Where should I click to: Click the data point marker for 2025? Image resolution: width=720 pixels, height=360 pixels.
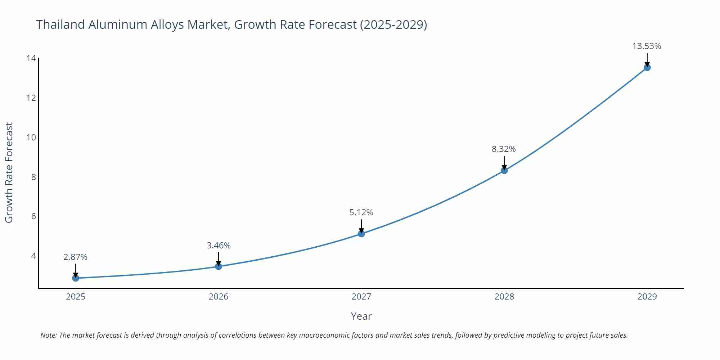76,278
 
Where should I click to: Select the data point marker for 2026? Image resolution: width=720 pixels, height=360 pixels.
219,266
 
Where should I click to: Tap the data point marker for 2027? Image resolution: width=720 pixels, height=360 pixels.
361,234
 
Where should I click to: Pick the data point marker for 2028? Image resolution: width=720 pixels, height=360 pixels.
504,170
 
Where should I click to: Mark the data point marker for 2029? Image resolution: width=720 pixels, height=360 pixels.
647,67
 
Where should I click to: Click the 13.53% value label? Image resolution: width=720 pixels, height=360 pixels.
647,46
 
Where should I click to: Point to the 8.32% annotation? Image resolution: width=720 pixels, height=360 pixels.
504,149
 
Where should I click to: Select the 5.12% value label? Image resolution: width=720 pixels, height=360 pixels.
361,212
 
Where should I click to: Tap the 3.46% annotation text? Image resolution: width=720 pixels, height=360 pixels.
219,246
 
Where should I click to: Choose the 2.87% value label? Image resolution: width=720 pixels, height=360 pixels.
75,257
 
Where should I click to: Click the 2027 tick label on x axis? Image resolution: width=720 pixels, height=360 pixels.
361,297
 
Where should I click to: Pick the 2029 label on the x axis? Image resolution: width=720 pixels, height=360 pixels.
647,297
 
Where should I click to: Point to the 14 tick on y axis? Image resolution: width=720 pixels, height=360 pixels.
31,58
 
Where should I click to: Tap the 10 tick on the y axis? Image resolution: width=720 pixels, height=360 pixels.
31,137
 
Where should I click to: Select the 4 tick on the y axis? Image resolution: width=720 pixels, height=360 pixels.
33,256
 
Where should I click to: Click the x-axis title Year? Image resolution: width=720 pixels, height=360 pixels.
361,316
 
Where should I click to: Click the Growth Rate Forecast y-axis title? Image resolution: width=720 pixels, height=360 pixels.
9,172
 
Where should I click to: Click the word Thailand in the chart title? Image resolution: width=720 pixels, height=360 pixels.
60,24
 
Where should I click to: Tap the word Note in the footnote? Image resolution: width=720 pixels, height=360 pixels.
48,335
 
